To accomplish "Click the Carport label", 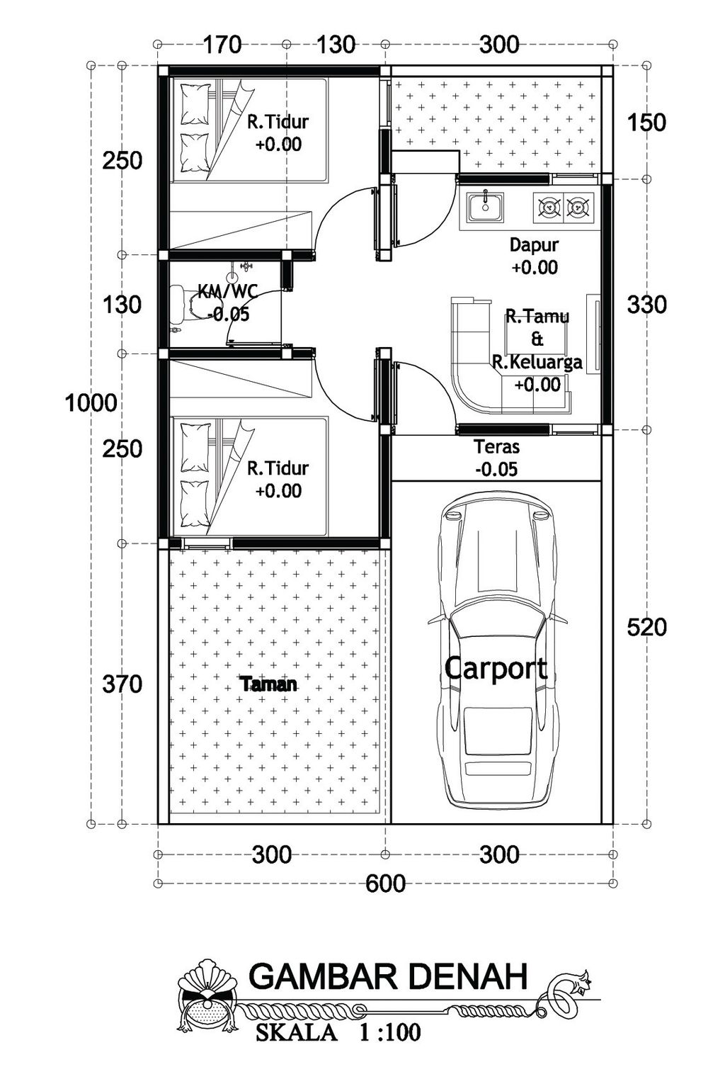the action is click(x=496, y=670).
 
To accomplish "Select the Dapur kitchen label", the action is click(x=534, y=244).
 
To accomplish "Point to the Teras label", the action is click(x=497, y=447).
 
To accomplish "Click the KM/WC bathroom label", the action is click(x=228, y=291).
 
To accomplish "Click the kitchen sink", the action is click(x=485, y=208).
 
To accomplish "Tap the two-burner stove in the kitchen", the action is click(x=564, y=208).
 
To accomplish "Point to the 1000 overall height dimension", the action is click(x=91, y=402).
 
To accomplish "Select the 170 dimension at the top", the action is click(x=222, y=45).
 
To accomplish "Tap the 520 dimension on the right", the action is click(x=646, y=627).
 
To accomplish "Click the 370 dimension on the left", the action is click(x=122, y=684).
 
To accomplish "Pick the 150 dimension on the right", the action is click(x=646, y=123).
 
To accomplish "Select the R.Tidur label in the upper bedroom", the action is click(x=278, y=122).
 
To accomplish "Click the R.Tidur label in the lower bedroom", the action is click(x=278, y=468).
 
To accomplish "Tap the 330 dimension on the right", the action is click(x=646, y=305).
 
